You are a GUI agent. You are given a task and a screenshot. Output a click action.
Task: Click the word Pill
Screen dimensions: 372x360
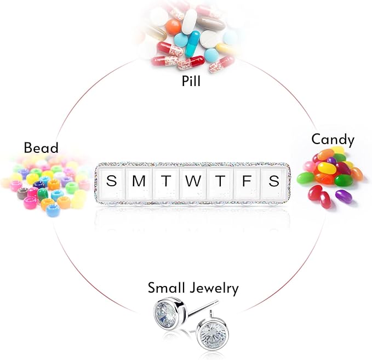click(191, 81)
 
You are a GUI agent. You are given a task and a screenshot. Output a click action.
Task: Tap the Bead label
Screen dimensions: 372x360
click(41, 147)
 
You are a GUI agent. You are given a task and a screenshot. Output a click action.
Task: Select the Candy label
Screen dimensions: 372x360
click(333, 140)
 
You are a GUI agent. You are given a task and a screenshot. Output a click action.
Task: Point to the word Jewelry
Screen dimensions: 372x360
click(214, 289)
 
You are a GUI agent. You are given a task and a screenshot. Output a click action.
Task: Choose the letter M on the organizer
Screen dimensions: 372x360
click(139, 181)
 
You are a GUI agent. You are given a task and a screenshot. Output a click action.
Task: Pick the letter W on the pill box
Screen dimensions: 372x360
click(193, 181)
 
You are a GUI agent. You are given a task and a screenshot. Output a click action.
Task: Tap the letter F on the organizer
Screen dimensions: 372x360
click(247, 181)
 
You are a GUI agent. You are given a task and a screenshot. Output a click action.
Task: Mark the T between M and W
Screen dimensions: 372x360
click(166, 181)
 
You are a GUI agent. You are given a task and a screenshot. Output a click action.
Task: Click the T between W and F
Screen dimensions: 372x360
click(220, 181)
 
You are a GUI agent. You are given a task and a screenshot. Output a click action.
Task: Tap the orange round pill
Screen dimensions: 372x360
click(174, 27)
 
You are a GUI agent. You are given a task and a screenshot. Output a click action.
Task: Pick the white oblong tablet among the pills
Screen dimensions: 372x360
click(190, 22)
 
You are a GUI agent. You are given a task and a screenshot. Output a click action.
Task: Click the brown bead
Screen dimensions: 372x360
click(23, 193)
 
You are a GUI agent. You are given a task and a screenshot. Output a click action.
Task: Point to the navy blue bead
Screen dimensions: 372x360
click(39, 185)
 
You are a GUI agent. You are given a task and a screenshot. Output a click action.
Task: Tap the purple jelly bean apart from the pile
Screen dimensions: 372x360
click(344, 196)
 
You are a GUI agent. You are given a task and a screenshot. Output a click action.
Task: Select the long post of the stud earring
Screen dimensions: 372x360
click(203, 308)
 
